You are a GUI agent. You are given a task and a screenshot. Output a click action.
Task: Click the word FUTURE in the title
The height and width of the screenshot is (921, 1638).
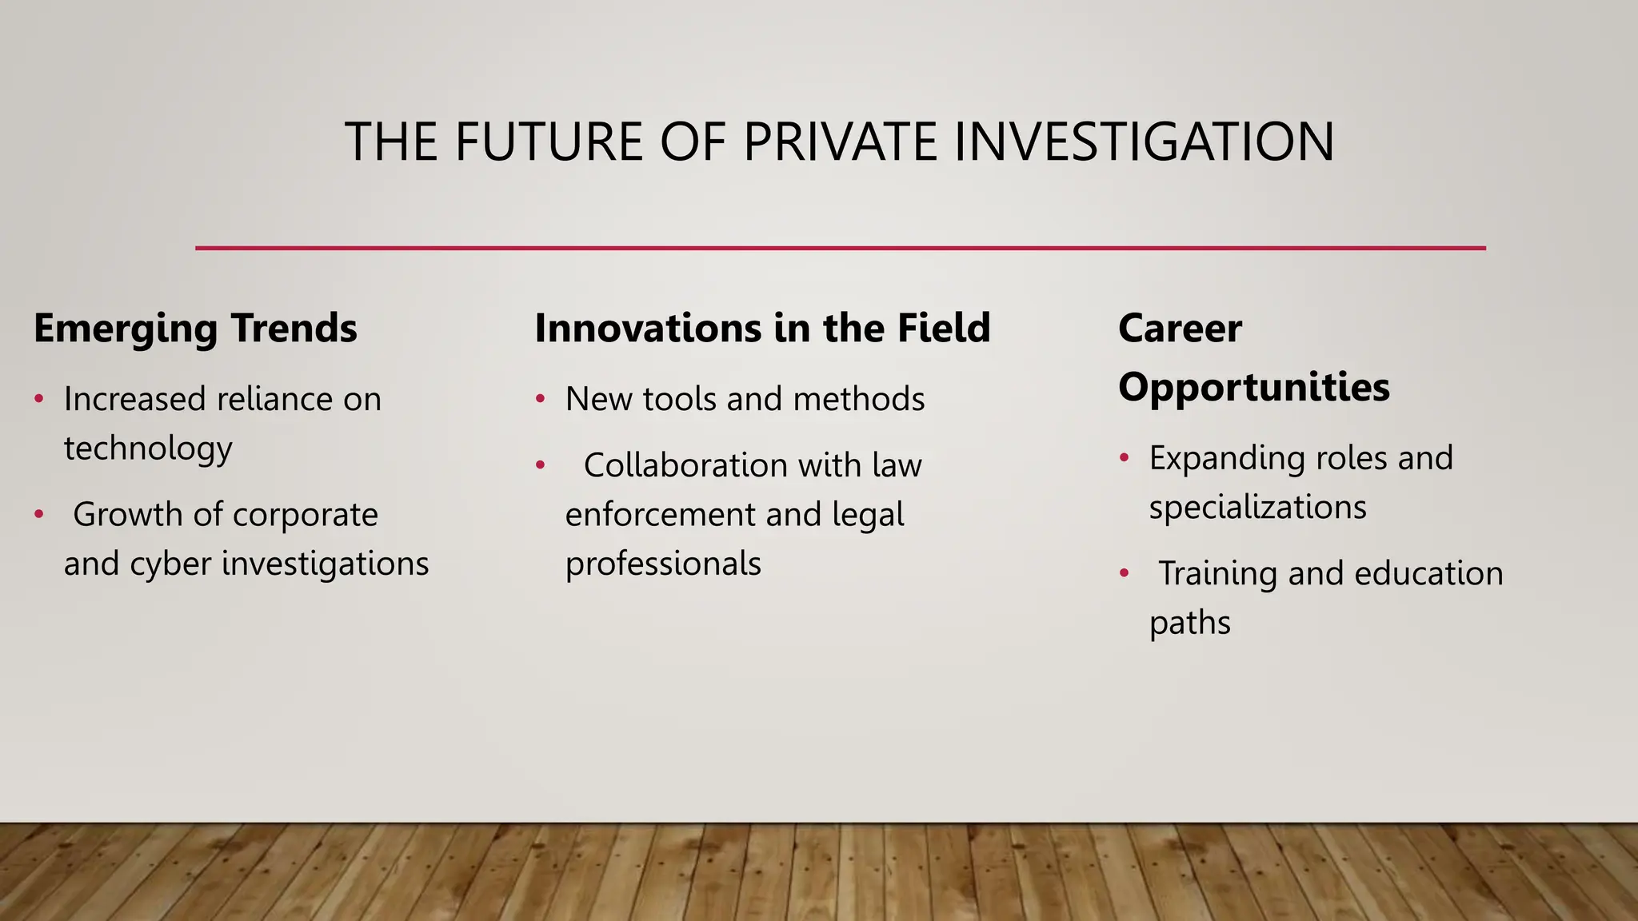549,142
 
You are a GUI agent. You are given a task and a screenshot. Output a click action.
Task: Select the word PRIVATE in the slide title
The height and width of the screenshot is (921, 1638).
841,142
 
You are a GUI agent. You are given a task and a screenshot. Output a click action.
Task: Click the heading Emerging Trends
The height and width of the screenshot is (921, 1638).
195,329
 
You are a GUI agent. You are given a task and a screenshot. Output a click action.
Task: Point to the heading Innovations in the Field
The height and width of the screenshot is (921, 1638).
762,329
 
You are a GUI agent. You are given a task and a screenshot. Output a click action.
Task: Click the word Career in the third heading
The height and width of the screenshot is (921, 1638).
1180,329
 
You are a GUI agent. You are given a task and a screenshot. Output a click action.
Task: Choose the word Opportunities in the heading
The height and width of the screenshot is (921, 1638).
1253,388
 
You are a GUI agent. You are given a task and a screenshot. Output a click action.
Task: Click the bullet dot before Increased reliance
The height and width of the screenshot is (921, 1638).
39,398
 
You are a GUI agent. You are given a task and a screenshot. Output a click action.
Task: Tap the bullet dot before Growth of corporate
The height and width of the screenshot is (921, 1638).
39,514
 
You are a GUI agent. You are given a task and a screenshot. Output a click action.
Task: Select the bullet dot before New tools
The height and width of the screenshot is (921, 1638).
541,398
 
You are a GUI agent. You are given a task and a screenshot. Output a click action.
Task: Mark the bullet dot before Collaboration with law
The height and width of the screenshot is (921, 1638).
541,464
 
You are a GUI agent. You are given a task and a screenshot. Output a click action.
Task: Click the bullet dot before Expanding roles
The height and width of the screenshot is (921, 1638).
1125,457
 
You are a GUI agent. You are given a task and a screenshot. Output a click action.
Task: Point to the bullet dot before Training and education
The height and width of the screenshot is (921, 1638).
1125,573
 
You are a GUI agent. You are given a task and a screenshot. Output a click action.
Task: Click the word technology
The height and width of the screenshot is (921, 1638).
148,449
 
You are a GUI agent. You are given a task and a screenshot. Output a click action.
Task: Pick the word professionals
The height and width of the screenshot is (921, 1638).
663,564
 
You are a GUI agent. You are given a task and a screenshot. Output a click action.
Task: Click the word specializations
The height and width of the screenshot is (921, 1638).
1257,508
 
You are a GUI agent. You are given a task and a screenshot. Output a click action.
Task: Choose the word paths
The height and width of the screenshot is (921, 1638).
1189,623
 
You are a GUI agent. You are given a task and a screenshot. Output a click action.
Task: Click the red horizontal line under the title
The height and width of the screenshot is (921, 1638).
840,248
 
